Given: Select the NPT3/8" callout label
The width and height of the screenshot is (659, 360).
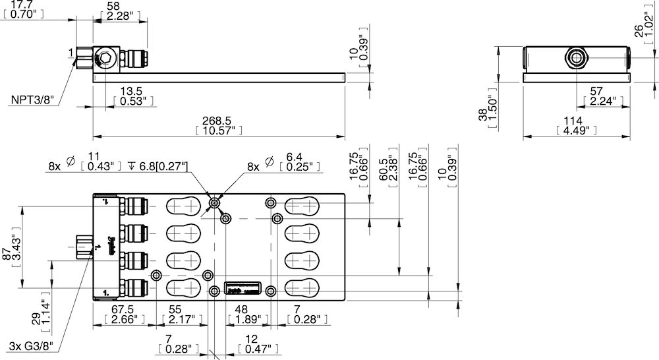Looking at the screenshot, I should point(32,100).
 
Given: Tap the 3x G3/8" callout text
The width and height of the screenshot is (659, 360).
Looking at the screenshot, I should point(33,346).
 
